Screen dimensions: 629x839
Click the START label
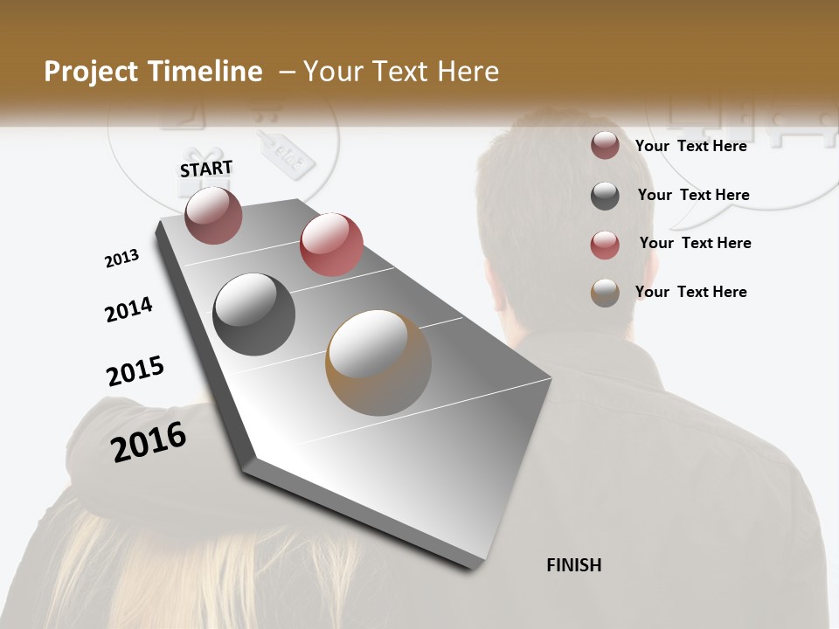click(x=206, y=169)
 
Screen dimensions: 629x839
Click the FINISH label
click(x=574, y=565)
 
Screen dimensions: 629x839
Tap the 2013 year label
click(x=121, y=259)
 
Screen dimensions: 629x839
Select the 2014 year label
click(x=128, y=309)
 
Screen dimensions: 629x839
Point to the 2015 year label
click(x=135, y=370)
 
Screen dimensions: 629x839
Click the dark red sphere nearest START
click(x=213, y=215)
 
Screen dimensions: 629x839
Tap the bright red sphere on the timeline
click(x=331, y=244)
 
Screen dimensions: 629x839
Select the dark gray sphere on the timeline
click(x=254, y=314)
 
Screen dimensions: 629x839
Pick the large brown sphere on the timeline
click(x=378, y=363)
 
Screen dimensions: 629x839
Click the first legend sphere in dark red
click(x=605, y=145)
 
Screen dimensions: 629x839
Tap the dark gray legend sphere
click(x=605, y=196)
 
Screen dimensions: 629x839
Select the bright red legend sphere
click(x=605, y=245)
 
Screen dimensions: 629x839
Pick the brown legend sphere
click(x=605, y=293)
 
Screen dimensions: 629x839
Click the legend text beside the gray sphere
click(x=693, y=195)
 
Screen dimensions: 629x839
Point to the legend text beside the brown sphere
click(x=690, y=292)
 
